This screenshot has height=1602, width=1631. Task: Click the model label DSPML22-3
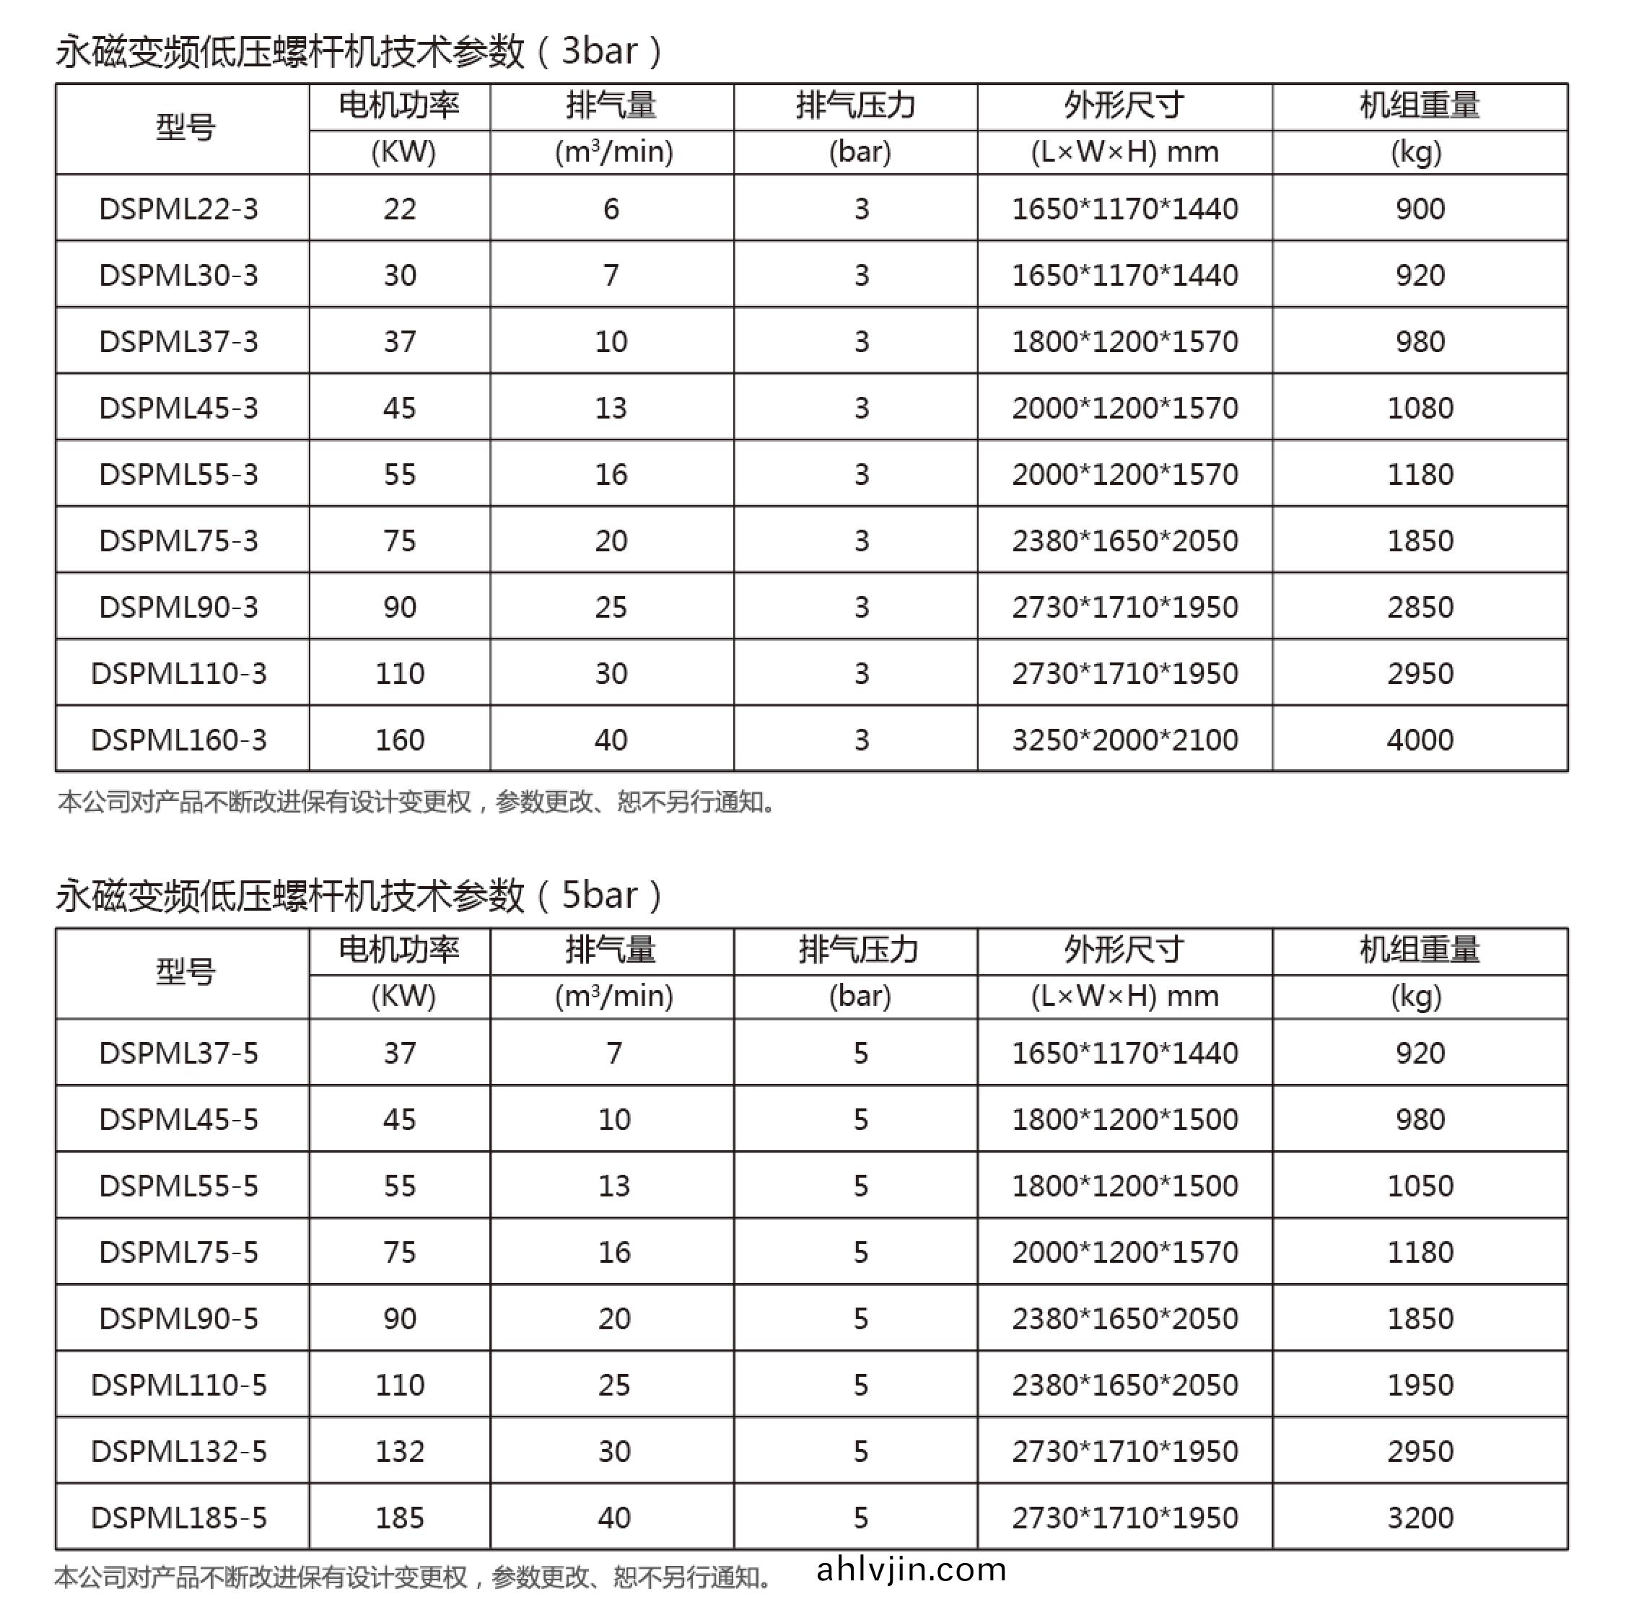(x=178, y=209)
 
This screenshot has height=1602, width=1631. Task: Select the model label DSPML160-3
(x=178, y=740)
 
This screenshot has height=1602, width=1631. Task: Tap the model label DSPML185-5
(x=178, y=1517)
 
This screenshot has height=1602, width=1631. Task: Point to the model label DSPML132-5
(x=178, y=1450)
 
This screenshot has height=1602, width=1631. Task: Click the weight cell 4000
(x=1420, y=740)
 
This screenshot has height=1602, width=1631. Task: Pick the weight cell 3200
(x=1420, y=1517)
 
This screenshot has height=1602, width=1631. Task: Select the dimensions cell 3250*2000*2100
(x=1124, y=740)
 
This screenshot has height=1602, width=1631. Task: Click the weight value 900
(x=1420, y=209)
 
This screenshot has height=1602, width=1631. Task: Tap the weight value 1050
(x=1420, y=1186)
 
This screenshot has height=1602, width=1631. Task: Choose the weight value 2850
(x=1420, y=607)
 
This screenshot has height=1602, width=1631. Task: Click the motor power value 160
(x=400, y=740)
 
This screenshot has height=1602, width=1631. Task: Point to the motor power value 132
(x=400, y=1450)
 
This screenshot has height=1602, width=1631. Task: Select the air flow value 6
(x=611, y=209)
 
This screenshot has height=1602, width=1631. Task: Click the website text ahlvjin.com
(x=911, y=1570)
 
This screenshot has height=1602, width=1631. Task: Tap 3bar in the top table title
(x=599, y=51)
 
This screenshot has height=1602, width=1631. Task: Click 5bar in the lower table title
(x=599, y=896)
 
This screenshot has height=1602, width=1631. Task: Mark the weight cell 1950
(x=1420, y=1385)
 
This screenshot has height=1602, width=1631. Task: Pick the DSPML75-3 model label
(x=178, y=540)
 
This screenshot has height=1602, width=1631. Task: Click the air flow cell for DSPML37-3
(x=611, y=341)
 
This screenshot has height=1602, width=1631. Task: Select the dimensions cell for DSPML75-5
(x=1124, y=1252)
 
